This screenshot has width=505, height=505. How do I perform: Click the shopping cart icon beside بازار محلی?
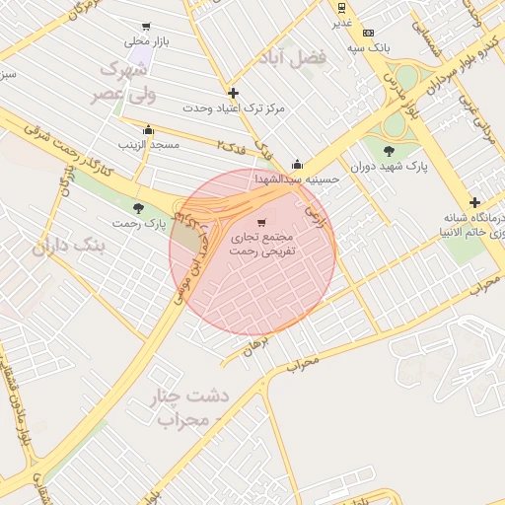[147, 27]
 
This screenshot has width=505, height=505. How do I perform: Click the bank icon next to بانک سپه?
[368, 33]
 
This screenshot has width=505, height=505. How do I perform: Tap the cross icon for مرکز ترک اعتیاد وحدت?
[233, 93]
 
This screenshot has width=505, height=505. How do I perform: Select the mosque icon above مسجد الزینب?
[149, 129]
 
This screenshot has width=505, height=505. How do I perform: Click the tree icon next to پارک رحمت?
[137, 208]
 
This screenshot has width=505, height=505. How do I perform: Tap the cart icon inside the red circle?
[260, 223]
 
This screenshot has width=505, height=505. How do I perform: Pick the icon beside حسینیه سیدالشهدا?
[297, 165]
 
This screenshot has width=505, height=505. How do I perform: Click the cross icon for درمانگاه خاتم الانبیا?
[474, 201]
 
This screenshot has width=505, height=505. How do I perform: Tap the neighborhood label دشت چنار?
[188, 397]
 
